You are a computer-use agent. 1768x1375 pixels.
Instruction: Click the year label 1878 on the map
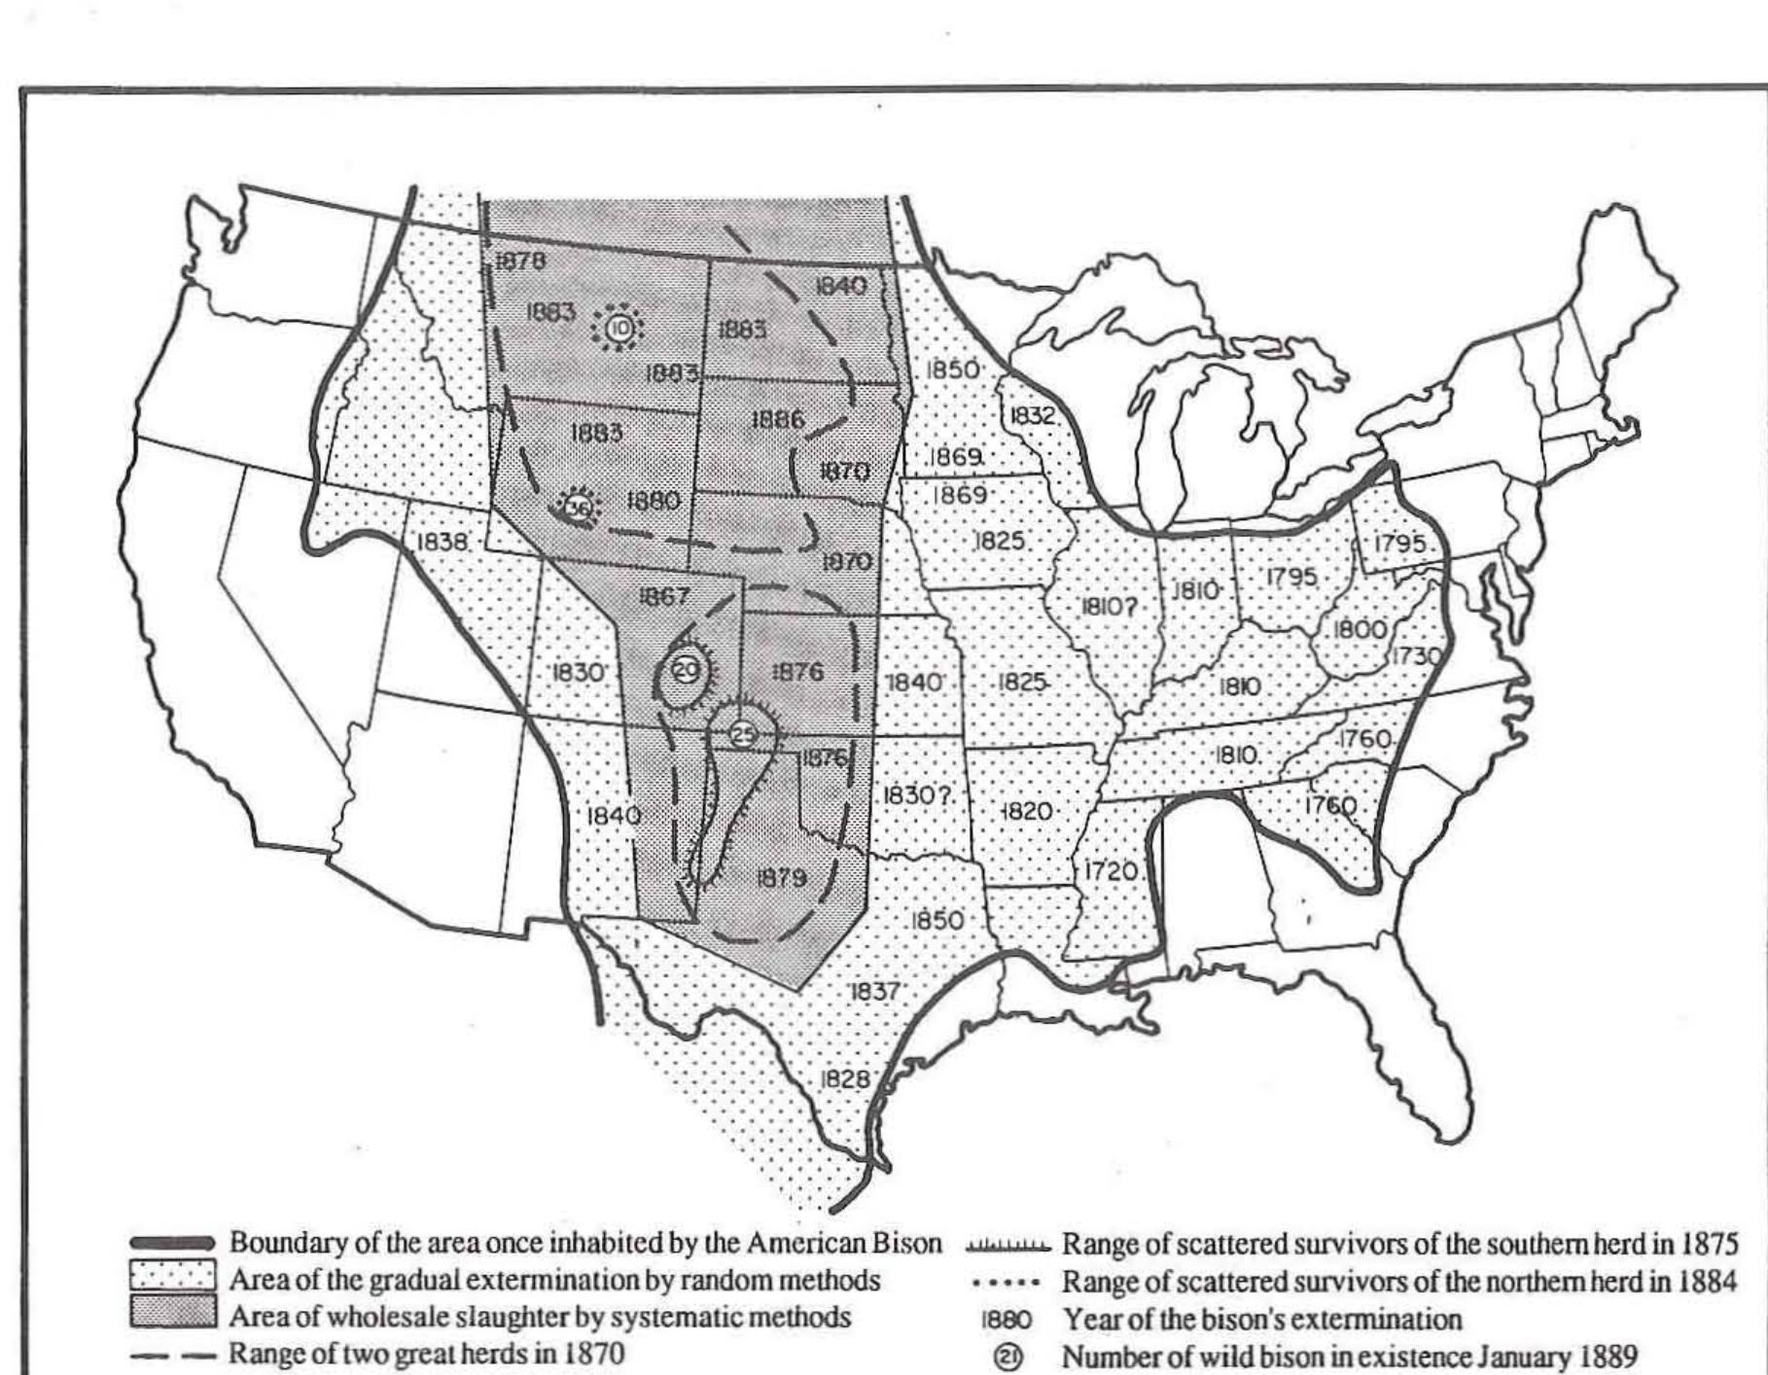[520, 261]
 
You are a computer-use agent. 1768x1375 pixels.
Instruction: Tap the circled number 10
[619, 330]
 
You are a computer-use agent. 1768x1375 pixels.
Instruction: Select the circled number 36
[578, 508]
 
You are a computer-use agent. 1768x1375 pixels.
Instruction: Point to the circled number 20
[686, 670]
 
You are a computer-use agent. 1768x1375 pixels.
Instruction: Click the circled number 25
[743, 734]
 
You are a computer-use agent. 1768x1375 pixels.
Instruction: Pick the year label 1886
[778, 419]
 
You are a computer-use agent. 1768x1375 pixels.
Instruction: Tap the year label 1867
[663, 596]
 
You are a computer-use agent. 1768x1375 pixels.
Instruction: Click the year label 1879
[781, 878]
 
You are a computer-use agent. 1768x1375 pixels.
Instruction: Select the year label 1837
[874, 991]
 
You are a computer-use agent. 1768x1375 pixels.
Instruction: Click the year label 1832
[1032, 415]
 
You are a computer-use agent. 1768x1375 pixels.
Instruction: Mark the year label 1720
[1110, 871]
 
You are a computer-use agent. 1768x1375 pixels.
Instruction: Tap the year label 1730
[1417, 656]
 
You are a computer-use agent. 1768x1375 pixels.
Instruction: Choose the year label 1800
[1359, 629]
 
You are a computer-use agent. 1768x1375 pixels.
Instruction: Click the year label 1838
[442, 542]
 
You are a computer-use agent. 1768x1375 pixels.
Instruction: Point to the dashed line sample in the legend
[172, 1354]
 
